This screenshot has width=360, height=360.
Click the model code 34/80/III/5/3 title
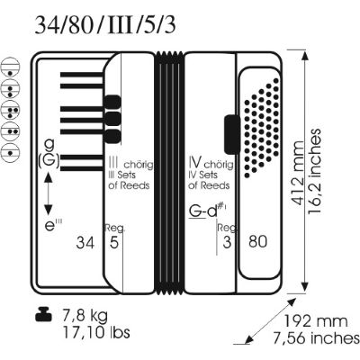[x=105, y=25]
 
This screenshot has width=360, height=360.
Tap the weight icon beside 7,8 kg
[x=43, y=314]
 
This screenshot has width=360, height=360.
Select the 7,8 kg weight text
[x=85, y=316]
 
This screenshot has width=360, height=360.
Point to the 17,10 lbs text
[x=96, y=332]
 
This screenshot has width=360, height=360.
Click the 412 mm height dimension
[x=298, y=173]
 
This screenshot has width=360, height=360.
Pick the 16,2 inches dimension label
[x=314, y=172]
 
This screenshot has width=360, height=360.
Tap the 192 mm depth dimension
[x=316, y=321]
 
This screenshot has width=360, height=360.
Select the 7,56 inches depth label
[x=316, y=338]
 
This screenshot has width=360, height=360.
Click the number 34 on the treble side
[x=85, y=242]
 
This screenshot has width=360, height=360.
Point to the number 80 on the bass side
[x=257, y=241]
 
